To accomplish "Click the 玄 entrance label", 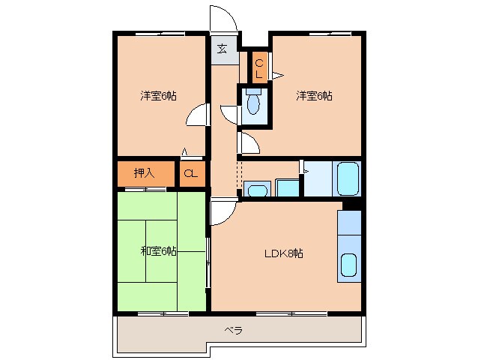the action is pos(223,49).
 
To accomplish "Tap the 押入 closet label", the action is pos(144,173).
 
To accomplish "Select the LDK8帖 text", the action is pos(283,253).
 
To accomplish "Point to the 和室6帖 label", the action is pos(159,251).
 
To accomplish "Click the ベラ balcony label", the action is pos(234,330).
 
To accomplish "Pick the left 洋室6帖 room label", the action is pos(159,96).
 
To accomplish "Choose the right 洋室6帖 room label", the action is pos(315,96).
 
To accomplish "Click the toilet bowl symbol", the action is pos(253,103).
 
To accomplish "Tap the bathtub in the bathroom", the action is pos(347,178).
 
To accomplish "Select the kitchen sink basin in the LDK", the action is pos(348,265).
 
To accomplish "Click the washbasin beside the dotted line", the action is pos(257,190).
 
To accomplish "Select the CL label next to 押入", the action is pos(191,173).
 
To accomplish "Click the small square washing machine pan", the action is pos(287,187).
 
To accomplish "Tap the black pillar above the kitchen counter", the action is pos(352,205).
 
